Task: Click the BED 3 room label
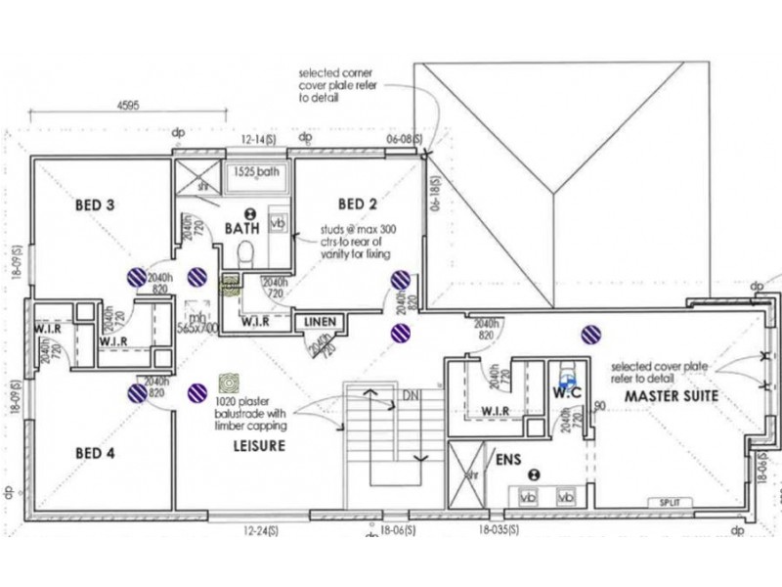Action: coord(96,206)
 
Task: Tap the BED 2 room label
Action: coord(358,204)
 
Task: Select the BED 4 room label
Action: coord(96,453)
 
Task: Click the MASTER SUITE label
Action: coord(672,397)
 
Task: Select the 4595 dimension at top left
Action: coord(131,103)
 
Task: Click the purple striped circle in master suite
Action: coord(589,336)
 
